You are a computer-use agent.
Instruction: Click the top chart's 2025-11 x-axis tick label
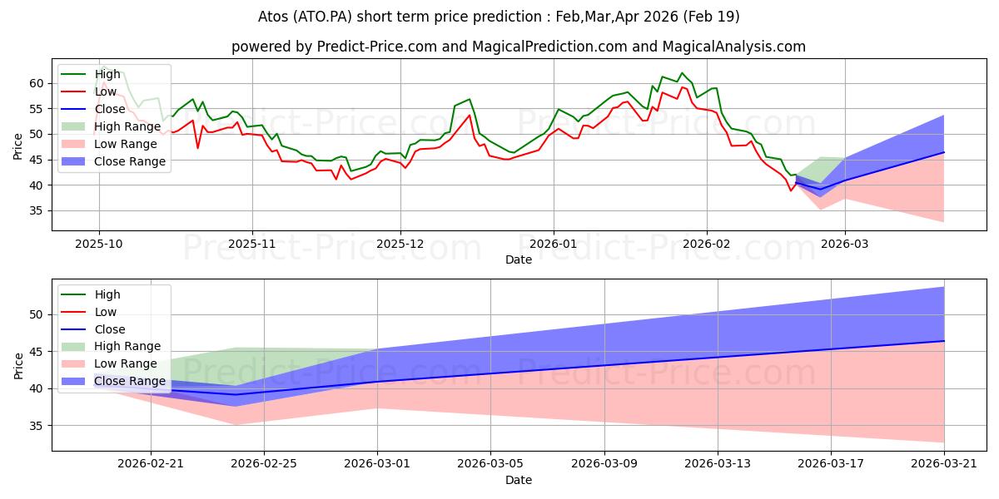click(x=251, y=245)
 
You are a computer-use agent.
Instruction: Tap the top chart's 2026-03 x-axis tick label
click(x=845, y=245)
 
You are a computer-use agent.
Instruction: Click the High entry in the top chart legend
click(x=107, y=74)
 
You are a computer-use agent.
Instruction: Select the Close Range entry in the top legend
click(x=130, y=161)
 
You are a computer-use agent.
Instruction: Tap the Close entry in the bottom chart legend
click(x=111, y=329)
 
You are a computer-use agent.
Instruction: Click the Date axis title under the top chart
click(x=519, y=260)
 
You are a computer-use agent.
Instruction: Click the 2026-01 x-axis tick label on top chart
click(x=554, y=245)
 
